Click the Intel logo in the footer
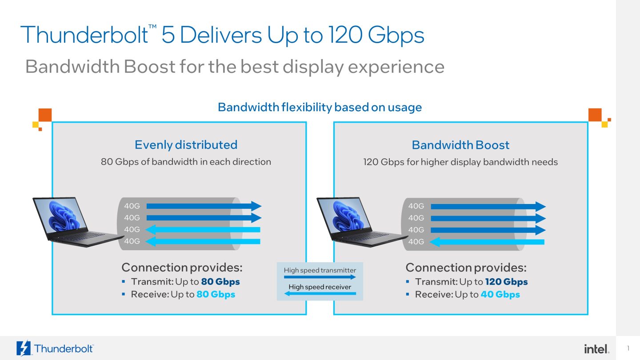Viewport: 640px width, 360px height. [596, 348]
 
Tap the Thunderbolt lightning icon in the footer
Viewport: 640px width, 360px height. [23, 348]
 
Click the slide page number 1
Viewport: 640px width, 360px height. [628, 348]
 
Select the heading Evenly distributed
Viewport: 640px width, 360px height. [186, 145]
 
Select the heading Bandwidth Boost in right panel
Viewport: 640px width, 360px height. [460, 145]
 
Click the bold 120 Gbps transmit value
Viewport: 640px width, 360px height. [506, 282]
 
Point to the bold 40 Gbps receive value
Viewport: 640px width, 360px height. [500, 295]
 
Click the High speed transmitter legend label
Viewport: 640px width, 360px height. [320, 270]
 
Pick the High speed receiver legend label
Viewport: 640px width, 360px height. [320, 287]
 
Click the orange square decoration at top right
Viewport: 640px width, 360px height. [595, 115]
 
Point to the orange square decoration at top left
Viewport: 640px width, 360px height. [45, 115]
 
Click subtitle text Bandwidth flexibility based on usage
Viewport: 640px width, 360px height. [320, 107]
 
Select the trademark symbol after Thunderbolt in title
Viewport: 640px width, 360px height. [152, 28]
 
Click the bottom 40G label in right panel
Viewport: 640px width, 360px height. [416, 242]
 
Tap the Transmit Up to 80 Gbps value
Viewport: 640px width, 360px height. [220, 282]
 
